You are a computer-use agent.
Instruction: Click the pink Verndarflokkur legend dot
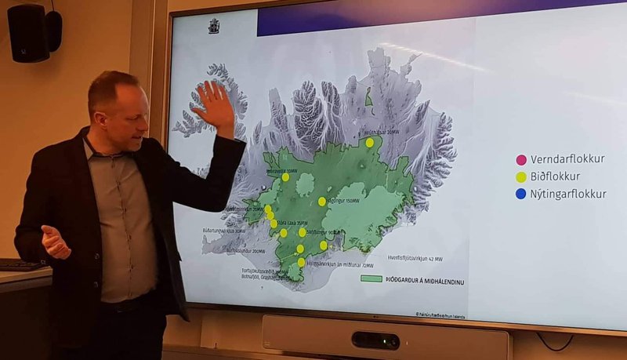tap(521, 160)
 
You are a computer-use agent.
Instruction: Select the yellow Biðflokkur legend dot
tap(521, 177)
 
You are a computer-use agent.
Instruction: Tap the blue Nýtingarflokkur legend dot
tap(521, 195)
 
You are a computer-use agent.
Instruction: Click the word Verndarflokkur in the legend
tap(567, 160)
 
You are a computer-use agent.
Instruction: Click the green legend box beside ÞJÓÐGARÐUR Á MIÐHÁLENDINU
tap(371, 278)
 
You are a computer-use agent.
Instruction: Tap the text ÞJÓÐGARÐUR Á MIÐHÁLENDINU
tap(424, 279)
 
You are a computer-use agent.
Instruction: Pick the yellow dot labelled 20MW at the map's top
tap(369, 143)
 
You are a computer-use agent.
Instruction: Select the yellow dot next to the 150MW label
tap(322, 202)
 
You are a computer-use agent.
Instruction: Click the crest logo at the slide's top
tap(213, 26)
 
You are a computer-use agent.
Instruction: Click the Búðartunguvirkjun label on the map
tap(223, 231)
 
